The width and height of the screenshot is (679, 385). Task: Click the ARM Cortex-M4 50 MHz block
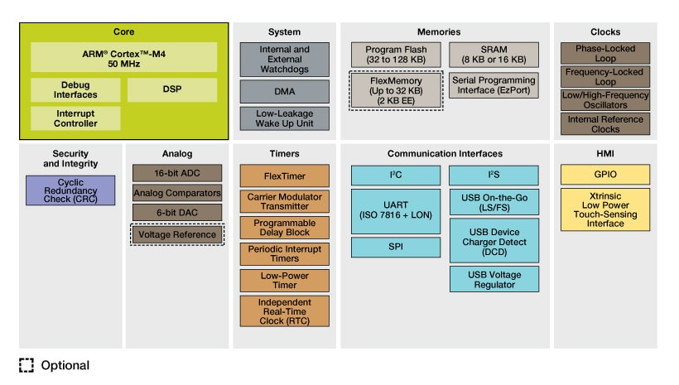(x=124, y=58)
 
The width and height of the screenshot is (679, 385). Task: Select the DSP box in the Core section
(x=172, y=89)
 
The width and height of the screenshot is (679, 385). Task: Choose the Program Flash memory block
(x=395, y=55)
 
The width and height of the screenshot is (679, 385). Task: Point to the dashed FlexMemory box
(x=395, y=89)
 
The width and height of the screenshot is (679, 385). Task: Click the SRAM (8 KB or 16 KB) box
(x=494, y=55)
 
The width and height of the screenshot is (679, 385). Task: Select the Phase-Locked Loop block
(x=604, y=54)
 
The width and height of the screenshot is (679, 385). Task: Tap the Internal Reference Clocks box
(x=604, y=124)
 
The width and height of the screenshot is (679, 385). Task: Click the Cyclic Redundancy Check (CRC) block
(x=70, y=190)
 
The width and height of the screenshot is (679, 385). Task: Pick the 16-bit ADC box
(x=177, y=173)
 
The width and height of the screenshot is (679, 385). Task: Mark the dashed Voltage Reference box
(x=177, y=234)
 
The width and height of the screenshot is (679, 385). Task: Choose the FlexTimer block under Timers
(x=284, y=176)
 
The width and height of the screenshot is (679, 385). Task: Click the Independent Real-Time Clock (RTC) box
(x=284, y=310)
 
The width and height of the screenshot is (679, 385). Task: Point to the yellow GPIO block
(x=604, y=175)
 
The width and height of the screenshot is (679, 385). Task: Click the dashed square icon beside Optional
(x=26, y=365)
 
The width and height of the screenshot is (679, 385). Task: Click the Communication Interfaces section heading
(x=445, y=153)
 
